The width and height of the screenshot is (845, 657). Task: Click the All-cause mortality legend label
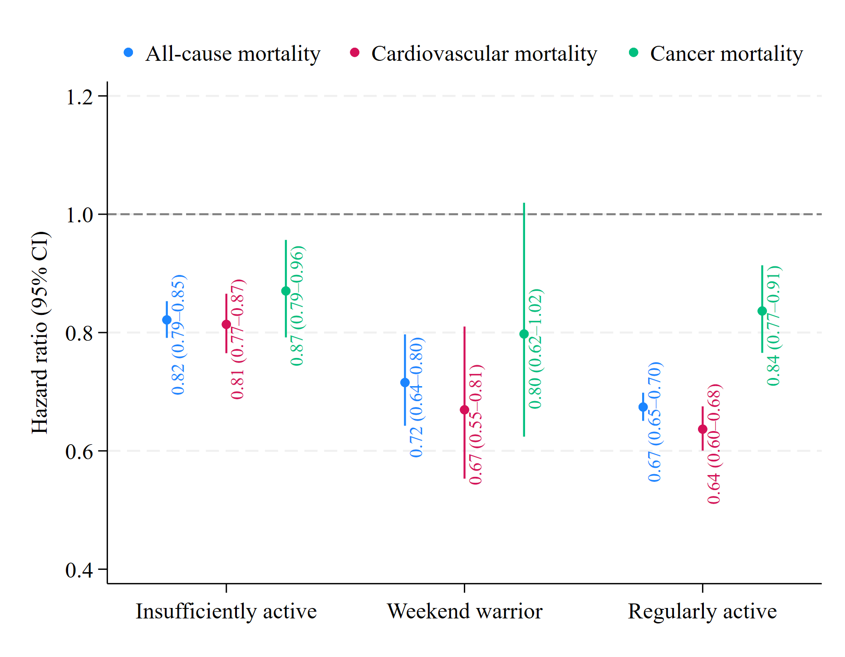coord(233,54)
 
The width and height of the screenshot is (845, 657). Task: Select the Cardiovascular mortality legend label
coord(484,54)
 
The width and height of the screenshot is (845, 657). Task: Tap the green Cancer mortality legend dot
coord(634,53)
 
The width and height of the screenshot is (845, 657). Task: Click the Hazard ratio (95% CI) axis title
coord(40,332)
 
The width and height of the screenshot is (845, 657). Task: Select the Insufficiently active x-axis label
coord(226,611)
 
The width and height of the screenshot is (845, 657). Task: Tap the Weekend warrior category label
coord(464,611)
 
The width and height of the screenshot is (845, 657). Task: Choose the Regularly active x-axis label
coord(702,611)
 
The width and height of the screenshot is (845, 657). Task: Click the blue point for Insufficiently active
coord(167,320)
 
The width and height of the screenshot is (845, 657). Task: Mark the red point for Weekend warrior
coord(464,410)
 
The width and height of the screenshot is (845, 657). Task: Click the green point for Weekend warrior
coord(524,334)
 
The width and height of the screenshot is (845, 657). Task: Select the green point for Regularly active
coord(762,311)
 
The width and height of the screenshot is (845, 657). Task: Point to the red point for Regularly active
coord(703,429)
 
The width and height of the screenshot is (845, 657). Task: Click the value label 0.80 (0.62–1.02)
coord(535,348)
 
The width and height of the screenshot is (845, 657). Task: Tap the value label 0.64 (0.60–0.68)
coord(714,444)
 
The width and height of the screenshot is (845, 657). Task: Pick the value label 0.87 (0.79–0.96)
coord(297,306)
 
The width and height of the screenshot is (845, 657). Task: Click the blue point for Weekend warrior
coord(405,382)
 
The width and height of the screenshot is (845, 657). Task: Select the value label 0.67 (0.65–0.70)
coord(654,422)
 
